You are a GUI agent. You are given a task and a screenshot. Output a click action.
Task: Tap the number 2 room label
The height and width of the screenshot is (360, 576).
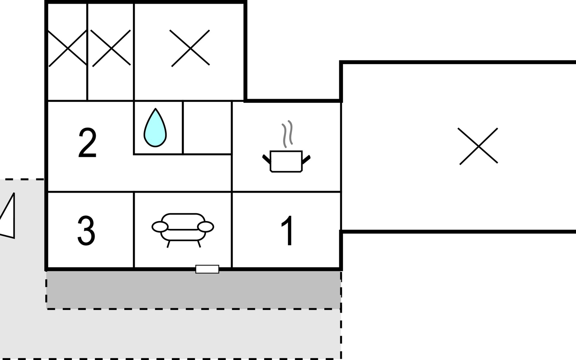[x=87, y=143]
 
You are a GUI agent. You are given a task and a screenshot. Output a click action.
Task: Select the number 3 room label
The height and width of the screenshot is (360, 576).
[x=86, y=230]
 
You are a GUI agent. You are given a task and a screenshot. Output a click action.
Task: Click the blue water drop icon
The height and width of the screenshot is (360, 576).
[x=155, y=129]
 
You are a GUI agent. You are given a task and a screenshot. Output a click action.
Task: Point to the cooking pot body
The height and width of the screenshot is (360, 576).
[x=286, y=161]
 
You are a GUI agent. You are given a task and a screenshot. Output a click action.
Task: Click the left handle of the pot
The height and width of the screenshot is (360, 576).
[x=266, y=159]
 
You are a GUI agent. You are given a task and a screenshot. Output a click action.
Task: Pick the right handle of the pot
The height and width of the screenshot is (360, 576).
[x=306, y=159]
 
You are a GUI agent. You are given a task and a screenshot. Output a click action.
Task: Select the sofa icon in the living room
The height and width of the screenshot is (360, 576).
[x=183, y=228]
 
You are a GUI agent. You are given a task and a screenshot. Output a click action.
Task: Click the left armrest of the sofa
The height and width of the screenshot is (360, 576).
[x=160, y=227]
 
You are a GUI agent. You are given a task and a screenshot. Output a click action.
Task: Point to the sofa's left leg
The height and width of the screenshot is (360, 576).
[x=169, y=244]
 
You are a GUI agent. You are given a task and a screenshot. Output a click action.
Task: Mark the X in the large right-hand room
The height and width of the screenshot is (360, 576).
[x=478, y=146]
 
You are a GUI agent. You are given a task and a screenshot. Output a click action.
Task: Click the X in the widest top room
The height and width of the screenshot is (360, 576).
[x=190, y=48]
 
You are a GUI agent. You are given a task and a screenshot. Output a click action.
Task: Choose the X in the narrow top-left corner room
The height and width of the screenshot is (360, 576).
[x=68, y=48]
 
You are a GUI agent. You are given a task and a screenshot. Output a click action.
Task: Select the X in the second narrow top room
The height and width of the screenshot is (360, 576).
[x=111, y=48]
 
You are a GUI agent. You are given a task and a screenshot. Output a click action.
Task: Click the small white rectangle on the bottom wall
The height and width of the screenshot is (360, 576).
[x=207, y=269]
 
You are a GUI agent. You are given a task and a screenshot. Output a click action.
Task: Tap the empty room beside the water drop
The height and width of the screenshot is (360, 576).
[x=207, y=127]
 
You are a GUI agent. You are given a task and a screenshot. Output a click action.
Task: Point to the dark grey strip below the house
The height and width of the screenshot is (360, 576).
[x=193, y=290]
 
